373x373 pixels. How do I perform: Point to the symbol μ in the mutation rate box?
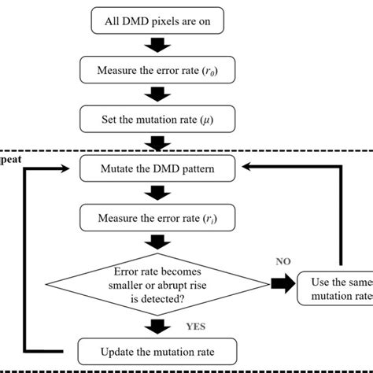[218, 120]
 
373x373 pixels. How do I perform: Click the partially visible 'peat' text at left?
[9, 158]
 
